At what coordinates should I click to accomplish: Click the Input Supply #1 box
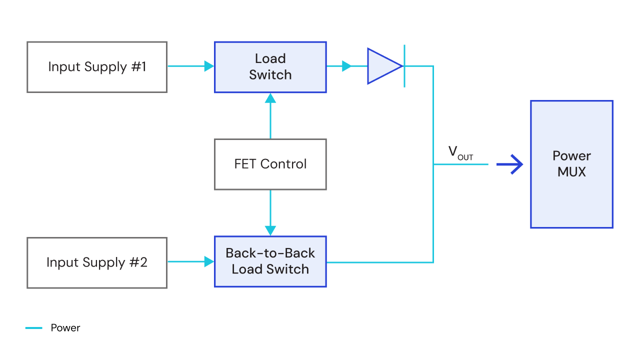click(x=96, y=67)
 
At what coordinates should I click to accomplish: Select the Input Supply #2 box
click(x=96, y=263)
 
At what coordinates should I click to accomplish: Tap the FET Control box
click(x=270, y=164)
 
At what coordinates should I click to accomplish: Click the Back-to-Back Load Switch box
click(x=270, y=261)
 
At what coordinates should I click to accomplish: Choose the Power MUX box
click(x=571, y=164)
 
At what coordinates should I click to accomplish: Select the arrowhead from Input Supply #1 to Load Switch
click(x=209, y=66)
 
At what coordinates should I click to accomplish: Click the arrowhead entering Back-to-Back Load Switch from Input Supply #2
click(x=209, y=261)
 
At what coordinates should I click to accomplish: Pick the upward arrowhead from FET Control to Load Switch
click(x=270, y=98)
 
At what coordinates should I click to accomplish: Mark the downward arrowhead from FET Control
click(x=270, y=230)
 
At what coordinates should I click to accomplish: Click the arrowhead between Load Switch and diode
click(x=346, y=66)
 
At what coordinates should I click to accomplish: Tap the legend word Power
click(x=65, y=328)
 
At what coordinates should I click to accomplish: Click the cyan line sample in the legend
click(x=34, y=328)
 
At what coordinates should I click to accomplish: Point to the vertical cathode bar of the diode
click(x=404, y=66)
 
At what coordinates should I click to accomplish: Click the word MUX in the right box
click(x=571, y=172)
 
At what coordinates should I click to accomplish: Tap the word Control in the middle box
click(x=283, y=164)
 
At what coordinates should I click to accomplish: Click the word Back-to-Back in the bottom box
click(x=270, y=253)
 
